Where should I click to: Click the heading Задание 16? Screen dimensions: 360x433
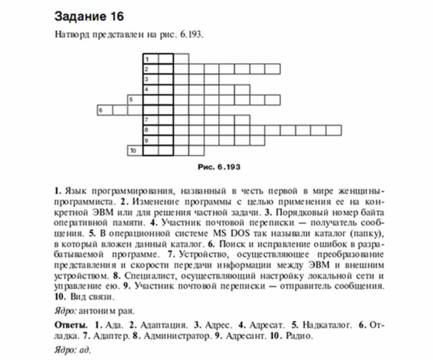89,16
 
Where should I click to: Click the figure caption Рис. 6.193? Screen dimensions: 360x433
219,167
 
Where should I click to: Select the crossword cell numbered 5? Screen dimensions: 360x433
135,99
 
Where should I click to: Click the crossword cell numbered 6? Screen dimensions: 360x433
104,110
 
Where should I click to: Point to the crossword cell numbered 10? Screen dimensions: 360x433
135,150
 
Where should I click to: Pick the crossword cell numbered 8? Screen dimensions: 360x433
150,130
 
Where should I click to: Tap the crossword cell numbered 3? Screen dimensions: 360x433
150,79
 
